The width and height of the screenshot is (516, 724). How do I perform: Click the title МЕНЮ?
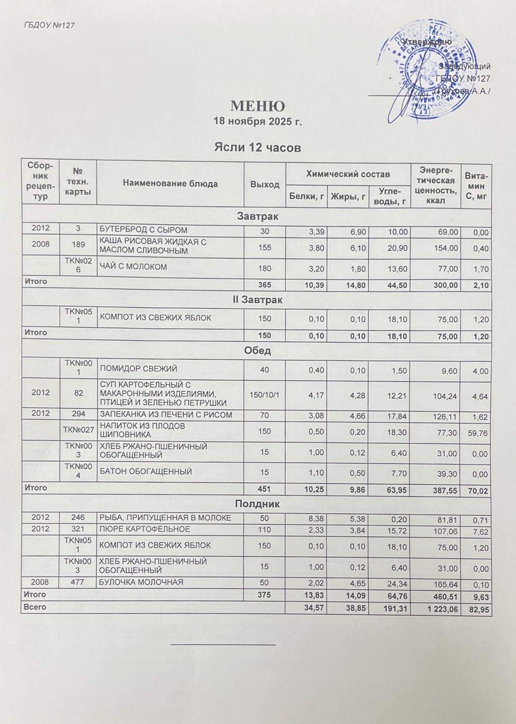(x=257, y=106)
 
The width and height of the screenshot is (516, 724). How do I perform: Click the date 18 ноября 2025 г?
(x=257, y=121)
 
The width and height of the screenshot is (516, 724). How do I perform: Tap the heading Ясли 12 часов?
(x=257, y=147)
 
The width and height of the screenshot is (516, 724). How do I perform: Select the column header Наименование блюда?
(x=170, y=183)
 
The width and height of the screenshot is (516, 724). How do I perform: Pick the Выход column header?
(x=265, y=184)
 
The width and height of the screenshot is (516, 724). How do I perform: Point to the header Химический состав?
(x=348, y=174)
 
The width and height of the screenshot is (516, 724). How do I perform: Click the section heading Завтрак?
(x=257, y=216)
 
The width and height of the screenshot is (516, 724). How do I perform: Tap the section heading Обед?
(x=257, y=350)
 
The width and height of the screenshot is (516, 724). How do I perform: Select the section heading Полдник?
(x=257, y=504)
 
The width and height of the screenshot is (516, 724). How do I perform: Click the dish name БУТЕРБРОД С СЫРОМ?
(x=143, y=230)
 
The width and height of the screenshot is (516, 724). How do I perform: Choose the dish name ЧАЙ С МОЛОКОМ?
(x=133, y=267)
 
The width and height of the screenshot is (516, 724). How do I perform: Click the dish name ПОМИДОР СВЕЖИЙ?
(x=138, y=369)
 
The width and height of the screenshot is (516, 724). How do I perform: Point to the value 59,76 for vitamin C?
(x=479, y=433)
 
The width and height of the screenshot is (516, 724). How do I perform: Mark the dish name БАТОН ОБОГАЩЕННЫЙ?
(x=146, y=471)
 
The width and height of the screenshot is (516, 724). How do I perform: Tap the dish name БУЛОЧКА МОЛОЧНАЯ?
(x=141, y=582)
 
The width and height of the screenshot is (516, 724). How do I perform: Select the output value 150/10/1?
(x=265, y=394)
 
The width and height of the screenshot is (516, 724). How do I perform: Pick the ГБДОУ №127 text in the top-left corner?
(x=49, y=25)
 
